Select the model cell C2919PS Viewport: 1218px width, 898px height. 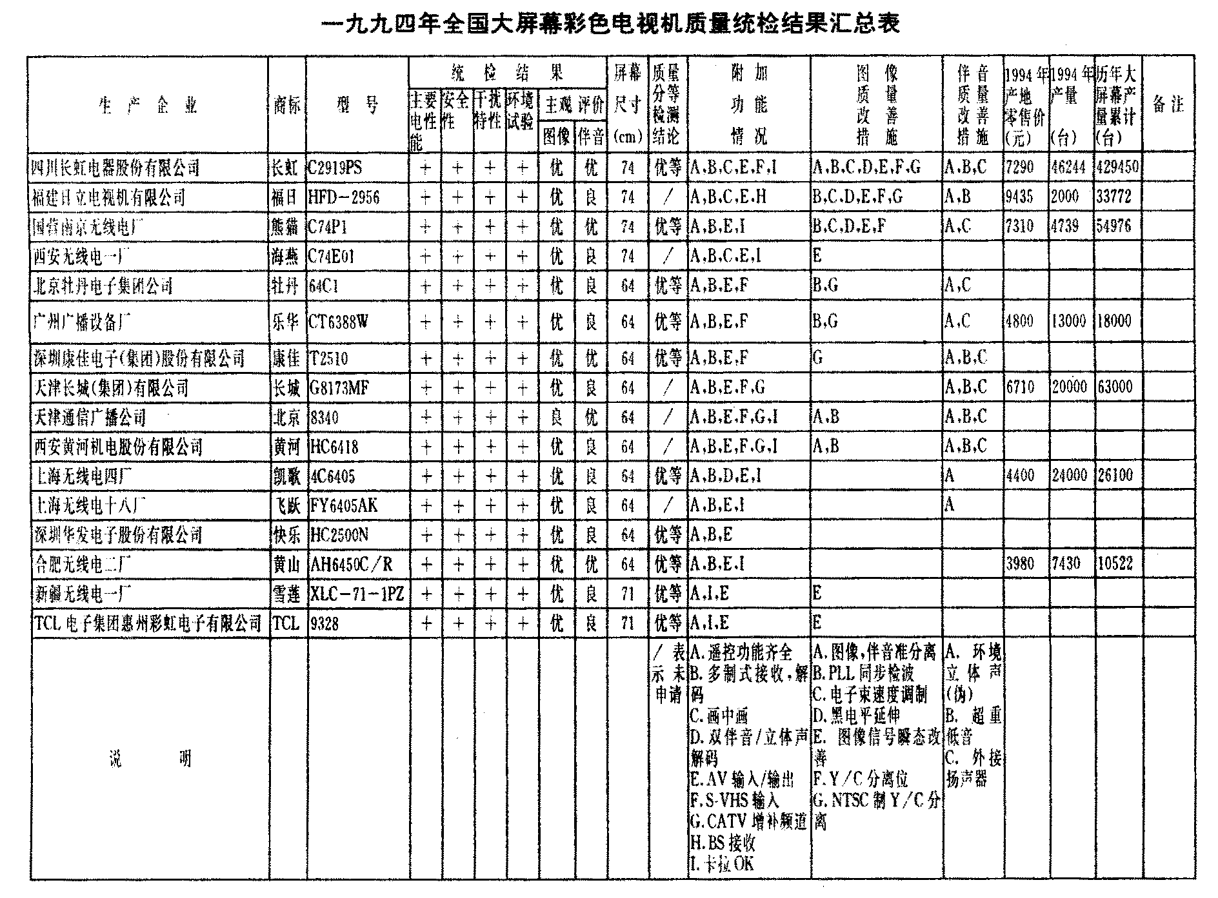(x=335, y=168)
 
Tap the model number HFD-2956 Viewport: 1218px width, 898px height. (x=344, y=197)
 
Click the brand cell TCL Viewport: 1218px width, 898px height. (x=286, y=623)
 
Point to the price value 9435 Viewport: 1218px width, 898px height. (x=1019, y=196)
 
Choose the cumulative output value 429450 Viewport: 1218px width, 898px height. (x=1117, y=167)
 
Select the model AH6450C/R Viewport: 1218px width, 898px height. (x=352, y=564)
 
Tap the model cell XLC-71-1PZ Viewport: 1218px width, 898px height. (x=357, y=594)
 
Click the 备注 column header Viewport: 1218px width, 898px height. (x=1168, y=104)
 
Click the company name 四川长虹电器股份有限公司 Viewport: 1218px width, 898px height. (x=116, y=168)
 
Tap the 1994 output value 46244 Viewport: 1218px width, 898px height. (x=1068, y=167)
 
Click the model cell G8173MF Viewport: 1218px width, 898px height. (x=339, y=388)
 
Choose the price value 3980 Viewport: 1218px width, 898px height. (x=1020, y=563)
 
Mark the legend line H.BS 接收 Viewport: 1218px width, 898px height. (x=723, y=843)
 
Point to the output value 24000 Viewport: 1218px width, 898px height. (x=1069, y=475)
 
